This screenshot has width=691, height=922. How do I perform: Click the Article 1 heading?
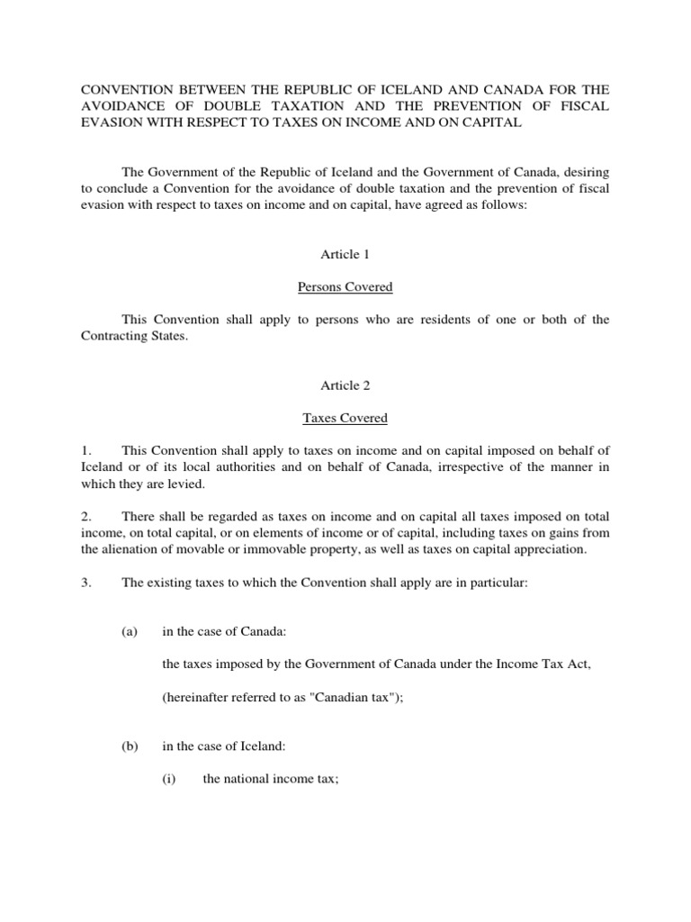pos(345,255)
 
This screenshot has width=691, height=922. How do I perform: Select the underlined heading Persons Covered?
pos(345,288)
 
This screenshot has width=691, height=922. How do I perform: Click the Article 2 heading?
pos(345,385)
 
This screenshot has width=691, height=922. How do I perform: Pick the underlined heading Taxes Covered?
pos(345,419)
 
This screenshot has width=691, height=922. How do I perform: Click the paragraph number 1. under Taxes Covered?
pos(86,451)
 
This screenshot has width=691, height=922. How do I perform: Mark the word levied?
pos(186,484)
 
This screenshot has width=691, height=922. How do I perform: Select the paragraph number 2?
pos(86,517)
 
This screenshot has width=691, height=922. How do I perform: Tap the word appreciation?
pos(547,549)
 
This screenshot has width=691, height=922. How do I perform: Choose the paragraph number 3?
pos(86,583)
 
